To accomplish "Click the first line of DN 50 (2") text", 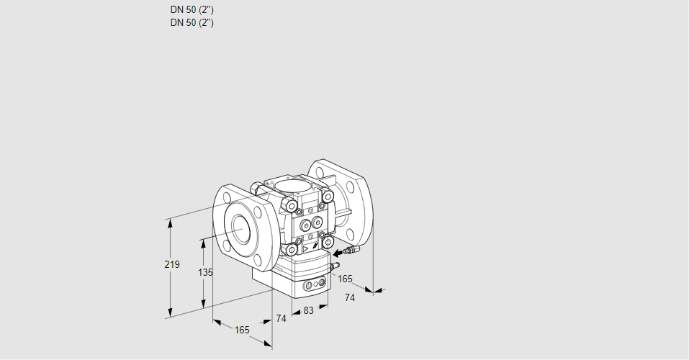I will tap(192, 10).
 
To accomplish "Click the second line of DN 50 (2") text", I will tap(192, 22).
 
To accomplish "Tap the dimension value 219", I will tap(171, 264).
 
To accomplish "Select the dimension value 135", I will tap(205, 272).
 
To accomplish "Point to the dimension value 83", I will tap(308, 310).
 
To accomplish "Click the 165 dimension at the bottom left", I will tap(242, 330).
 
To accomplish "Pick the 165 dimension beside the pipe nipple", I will tap(346, 279).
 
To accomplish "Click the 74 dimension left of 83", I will tap(281, 318).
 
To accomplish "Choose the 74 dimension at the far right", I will tap(350, 297).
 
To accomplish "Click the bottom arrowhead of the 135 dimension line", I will tap(204, 305).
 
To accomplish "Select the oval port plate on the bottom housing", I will tap(315, 286).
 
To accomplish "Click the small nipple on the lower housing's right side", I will tap(333, 266).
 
